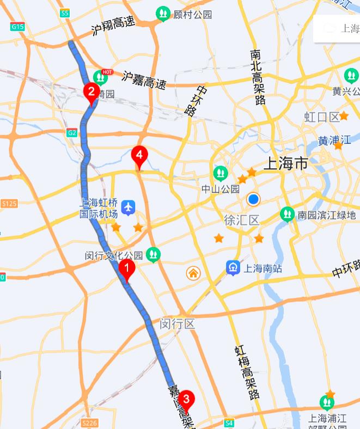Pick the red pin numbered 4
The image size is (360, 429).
point(139,156)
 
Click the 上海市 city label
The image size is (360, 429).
point(285,163)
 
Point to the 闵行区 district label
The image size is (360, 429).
point(178,324)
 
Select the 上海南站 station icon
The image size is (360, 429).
point(233,267)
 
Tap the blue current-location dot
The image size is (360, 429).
point(253,199)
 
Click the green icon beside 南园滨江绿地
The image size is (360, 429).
point(287,214)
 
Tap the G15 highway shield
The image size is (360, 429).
point(18,26)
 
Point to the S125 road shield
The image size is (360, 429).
point(9,204)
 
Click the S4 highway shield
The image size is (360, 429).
point(229,422)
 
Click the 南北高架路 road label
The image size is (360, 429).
point(258,77)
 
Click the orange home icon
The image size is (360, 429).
point(193,273)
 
